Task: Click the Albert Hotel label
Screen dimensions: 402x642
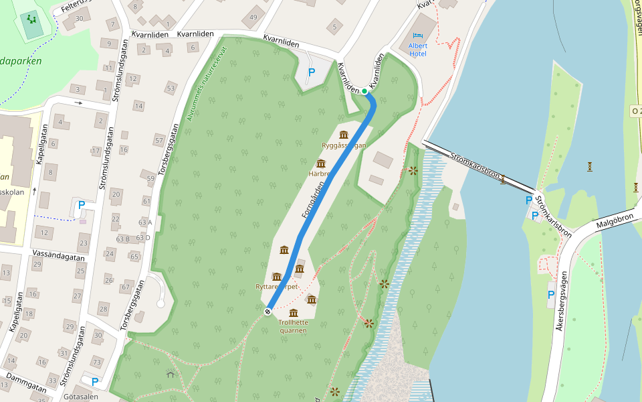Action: coord(418,49)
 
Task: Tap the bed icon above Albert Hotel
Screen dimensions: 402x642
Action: coord(418,36)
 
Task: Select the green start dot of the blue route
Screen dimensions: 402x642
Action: coord(364,91)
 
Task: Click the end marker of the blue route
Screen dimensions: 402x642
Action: coord(268,312)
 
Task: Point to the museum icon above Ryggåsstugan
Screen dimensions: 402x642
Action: coord(344,135)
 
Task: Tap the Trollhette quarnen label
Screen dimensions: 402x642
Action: coord(293,326)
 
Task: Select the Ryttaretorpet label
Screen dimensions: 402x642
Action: coord(276,286)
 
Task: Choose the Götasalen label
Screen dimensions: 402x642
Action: coord(81,396)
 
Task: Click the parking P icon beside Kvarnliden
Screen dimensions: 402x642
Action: coord(311,72)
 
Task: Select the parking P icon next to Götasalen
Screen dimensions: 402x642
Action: coord(95,382)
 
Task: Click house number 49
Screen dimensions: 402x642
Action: coord(253,17)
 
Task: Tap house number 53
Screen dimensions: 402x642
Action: coord(171,88)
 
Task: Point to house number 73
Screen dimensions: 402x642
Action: coord(97,362)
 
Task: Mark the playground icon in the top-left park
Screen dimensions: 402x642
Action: coord(31,19)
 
